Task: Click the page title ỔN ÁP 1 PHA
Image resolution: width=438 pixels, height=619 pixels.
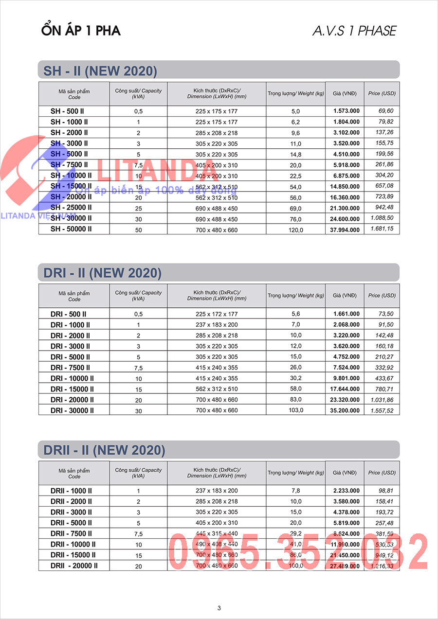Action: pos(81,31)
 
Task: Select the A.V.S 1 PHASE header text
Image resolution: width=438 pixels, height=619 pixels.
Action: pos(354,31)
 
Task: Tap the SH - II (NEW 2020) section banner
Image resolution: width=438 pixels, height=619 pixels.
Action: pos(100,71)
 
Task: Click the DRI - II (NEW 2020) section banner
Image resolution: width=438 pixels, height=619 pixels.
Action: pos(102,273)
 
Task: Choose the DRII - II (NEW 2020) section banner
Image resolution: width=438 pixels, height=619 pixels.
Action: pos(104,450)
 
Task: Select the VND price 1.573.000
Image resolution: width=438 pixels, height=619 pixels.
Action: pos(347,111)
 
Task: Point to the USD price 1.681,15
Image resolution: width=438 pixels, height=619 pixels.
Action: pos(382,229)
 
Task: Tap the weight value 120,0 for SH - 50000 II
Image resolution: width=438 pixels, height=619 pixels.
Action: pos(295,230)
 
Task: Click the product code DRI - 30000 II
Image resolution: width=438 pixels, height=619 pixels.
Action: pos(72,410)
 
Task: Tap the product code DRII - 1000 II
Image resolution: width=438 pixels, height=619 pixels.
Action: pos(71,491)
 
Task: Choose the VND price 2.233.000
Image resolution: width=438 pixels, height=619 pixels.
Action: pos(347,491)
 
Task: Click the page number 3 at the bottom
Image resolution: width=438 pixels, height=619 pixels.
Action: pos(219,608)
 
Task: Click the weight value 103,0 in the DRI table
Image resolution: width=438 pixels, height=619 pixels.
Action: pos(295,410)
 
